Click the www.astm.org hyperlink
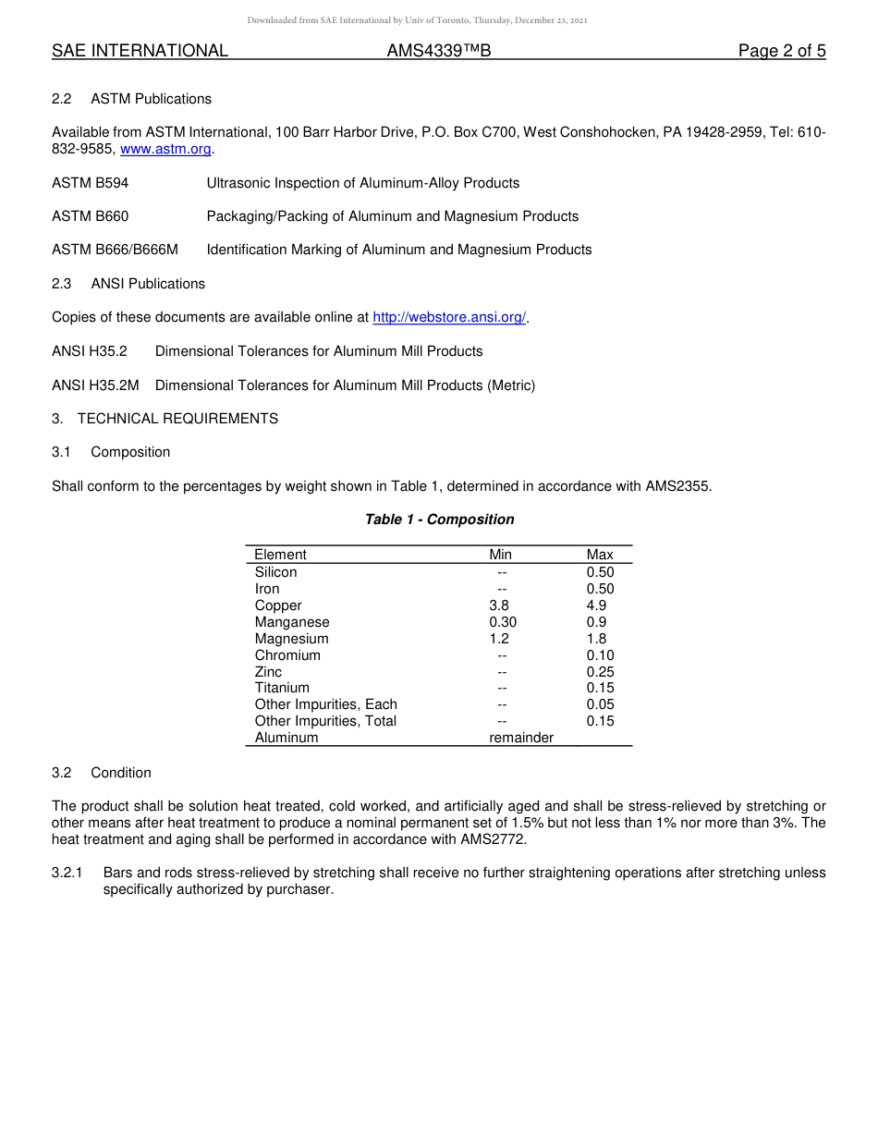click(166, 149)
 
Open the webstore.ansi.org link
click(449, 317)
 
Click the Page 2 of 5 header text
click(781, 51)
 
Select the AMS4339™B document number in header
click(438, 51)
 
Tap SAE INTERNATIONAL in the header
click(140, 51)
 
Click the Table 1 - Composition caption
click(439, 520)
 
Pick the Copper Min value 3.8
click(499, 605)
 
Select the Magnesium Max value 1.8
click(597, 639)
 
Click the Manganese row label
click(292, 622)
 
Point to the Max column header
click(600, 555)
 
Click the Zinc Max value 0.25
click(600, 672)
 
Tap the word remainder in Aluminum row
click(521, 738)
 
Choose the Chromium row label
click(287, 655)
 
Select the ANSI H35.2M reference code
click(95, 385)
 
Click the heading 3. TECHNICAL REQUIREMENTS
click(165, 419)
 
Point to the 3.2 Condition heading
click(102, 773)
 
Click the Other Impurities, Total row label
click(325, 721)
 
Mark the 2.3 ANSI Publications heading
click(128, 284)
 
